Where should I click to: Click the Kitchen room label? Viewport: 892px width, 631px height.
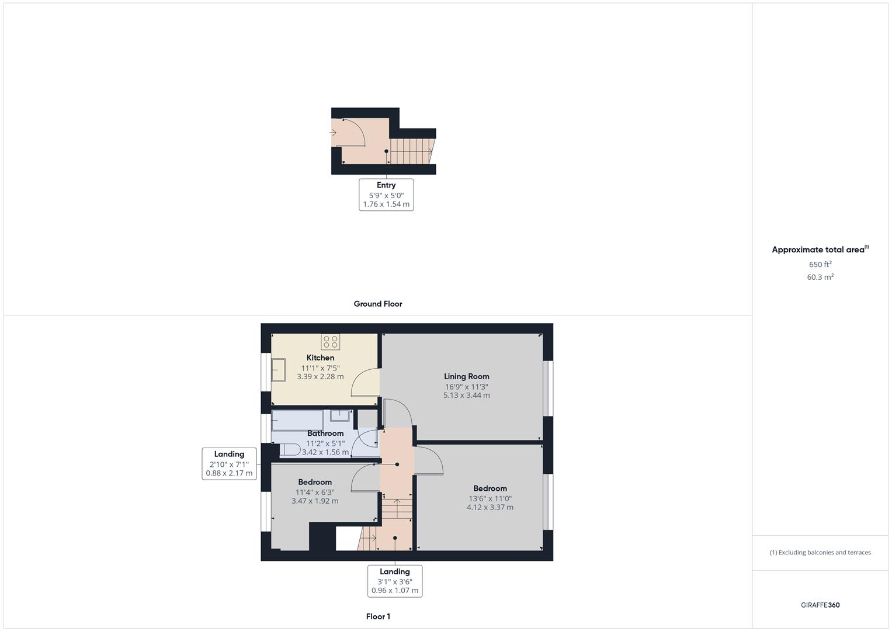coord(320,358)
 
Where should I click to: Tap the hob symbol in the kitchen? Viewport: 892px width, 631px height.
coord(330,342)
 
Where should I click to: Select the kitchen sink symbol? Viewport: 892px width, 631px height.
coord(278,370)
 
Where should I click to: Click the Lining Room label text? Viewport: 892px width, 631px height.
coord(466,376)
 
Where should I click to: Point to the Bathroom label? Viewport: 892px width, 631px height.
coord(325,434)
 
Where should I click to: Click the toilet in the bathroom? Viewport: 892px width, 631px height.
coord(290,449)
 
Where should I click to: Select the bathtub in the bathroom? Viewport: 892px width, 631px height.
coord(297,420)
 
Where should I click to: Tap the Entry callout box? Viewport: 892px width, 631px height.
coord(386,195)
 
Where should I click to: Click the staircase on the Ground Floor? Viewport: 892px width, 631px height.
coord(411,151)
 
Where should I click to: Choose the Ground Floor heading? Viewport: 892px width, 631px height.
coord(378,304)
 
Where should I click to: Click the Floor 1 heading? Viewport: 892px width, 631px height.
coord(378,616)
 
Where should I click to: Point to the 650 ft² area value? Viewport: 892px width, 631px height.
coord(820,264)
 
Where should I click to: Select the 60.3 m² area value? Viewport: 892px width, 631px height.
coord(820,277)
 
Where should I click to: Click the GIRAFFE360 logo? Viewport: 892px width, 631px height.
coord(820,605)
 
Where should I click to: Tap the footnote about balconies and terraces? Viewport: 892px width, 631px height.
coord(820,552)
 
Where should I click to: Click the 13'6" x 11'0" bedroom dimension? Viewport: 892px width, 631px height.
coord(490,498)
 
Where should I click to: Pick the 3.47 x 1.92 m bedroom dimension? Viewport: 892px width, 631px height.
coord(315,501)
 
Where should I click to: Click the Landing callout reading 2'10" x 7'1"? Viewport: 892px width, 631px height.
coord(229,463)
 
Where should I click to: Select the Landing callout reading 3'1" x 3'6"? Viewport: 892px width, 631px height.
coord(395,581)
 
